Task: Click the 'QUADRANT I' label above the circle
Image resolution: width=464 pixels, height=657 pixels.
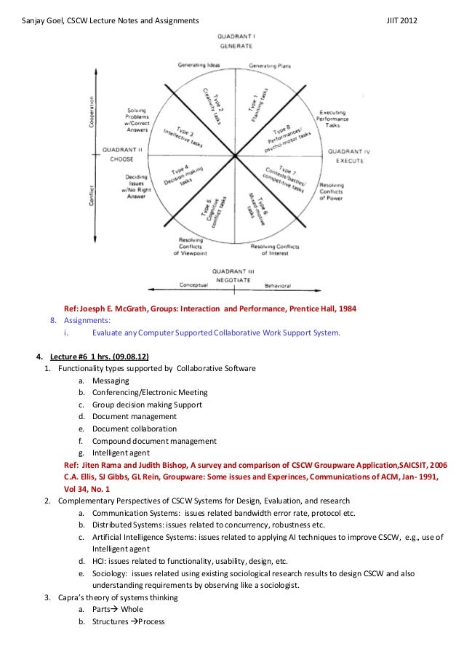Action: tap(236, 36)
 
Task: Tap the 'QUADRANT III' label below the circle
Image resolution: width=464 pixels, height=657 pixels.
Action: tap(236, 269)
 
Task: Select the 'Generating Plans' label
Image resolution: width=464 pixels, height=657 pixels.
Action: tap(270, 65)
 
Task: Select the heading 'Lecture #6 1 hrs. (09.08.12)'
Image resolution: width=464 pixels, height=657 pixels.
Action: tap(99, 357)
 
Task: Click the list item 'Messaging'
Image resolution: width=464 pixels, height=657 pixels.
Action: tap(111, 381)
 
